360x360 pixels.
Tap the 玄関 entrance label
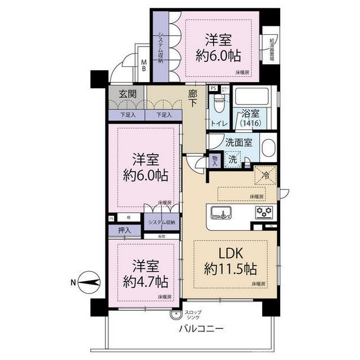pyautogui.click(x=127, y=94)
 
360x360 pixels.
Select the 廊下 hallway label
pyautogui.click(x=193, y=99)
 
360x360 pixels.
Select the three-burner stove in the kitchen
pyautogui.click(x=263, y=213)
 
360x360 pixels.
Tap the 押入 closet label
pyautogui.click(x=125, y=230)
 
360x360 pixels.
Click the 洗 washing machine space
pyautogui.click(x=232, y=159)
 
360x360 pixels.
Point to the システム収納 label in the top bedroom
pyautogui.click(x=160, y=48)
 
